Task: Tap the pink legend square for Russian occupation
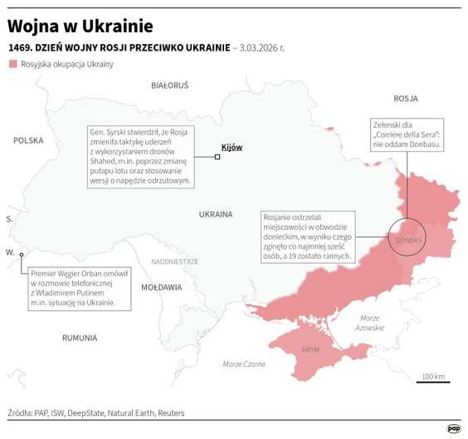12,64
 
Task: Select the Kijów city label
232,147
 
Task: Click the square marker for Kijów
217,157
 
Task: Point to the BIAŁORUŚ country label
169,85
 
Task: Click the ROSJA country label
405,98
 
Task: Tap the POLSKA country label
27,141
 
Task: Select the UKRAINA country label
216,214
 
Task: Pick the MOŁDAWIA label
161,287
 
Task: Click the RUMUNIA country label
80,338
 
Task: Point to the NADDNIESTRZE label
174,261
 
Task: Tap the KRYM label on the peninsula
310,350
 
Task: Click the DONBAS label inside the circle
409,241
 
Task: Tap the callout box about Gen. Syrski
140,156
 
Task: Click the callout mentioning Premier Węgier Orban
80,288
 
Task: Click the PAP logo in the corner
454,428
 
